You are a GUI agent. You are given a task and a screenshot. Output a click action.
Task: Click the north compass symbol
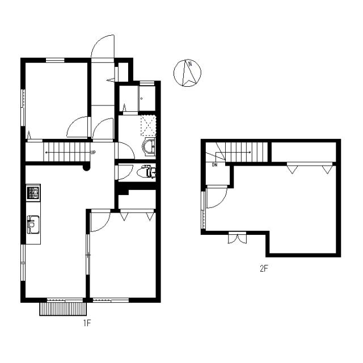click(x=188, y=73)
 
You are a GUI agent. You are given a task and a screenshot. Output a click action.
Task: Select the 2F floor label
click(x=263, y=269)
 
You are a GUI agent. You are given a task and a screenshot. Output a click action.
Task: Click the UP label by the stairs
click(x=92, y=153)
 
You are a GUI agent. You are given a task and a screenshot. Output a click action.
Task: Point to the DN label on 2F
click(x=215, y=165)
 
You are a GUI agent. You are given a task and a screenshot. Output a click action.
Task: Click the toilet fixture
click(x=147, y=171)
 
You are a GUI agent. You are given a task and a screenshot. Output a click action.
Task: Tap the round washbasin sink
click(x=149, y=147)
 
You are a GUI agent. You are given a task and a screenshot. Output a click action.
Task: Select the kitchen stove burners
click(x=33, y=193)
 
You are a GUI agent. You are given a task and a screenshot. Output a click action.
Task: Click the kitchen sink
click(x=32, y=225)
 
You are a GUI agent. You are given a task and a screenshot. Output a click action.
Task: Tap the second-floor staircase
click(x=244, y=151)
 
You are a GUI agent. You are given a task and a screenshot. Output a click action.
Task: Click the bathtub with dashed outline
click(x=147, y=125)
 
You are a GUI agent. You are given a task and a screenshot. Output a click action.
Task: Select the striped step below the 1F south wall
click(x=62, y=309)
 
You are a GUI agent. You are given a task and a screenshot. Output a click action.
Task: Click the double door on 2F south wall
click(x=237, y=238)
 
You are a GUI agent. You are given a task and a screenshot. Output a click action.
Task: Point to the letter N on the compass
click(x=191, y=64)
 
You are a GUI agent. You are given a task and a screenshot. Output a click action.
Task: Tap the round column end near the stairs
click(x=86, y=167)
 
